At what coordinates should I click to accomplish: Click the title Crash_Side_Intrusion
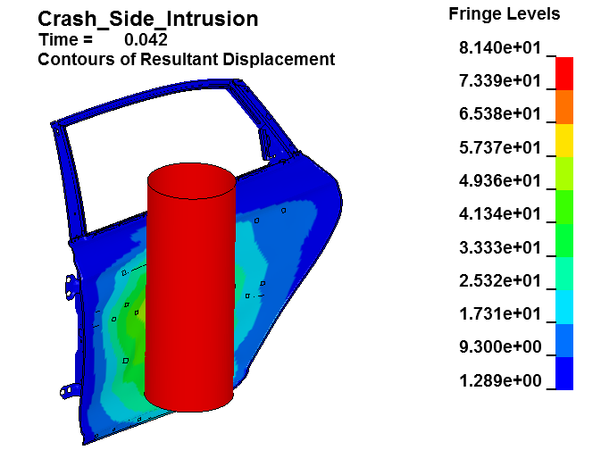click(x=148, y=19)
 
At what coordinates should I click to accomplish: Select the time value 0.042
click(x=146, y=40)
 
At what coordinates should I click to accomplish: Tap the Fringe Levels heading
click(x=504, y=14)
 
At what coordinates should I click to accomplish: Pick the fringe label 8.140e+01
click(x=500, y=48)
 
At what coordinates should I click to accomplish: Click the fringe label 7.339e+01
click(x=500, y=81)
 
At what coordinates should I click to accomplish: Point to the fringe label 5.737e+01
click(x=500, y=147)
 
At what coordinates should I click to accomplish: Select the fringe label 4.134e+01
click(x=500, y=214)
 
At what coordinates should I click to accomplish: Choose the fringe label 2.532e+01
click(x=500, y=281)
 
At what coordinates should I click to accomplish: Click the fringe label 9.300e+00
click(x=500, y=347)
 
